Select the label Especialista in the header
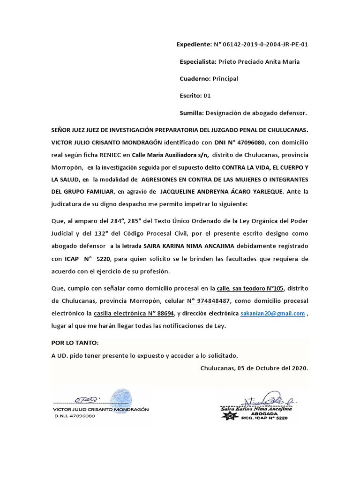tap(198, 61)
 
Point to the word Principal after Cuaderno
tap(225, 78)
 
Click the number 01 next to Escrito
tap(207, 96)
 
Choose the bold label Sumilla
tap(191, 113)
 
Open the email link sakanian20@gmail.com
tap(272, 313)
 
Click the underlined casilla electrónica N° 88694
tap(134, 313)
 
